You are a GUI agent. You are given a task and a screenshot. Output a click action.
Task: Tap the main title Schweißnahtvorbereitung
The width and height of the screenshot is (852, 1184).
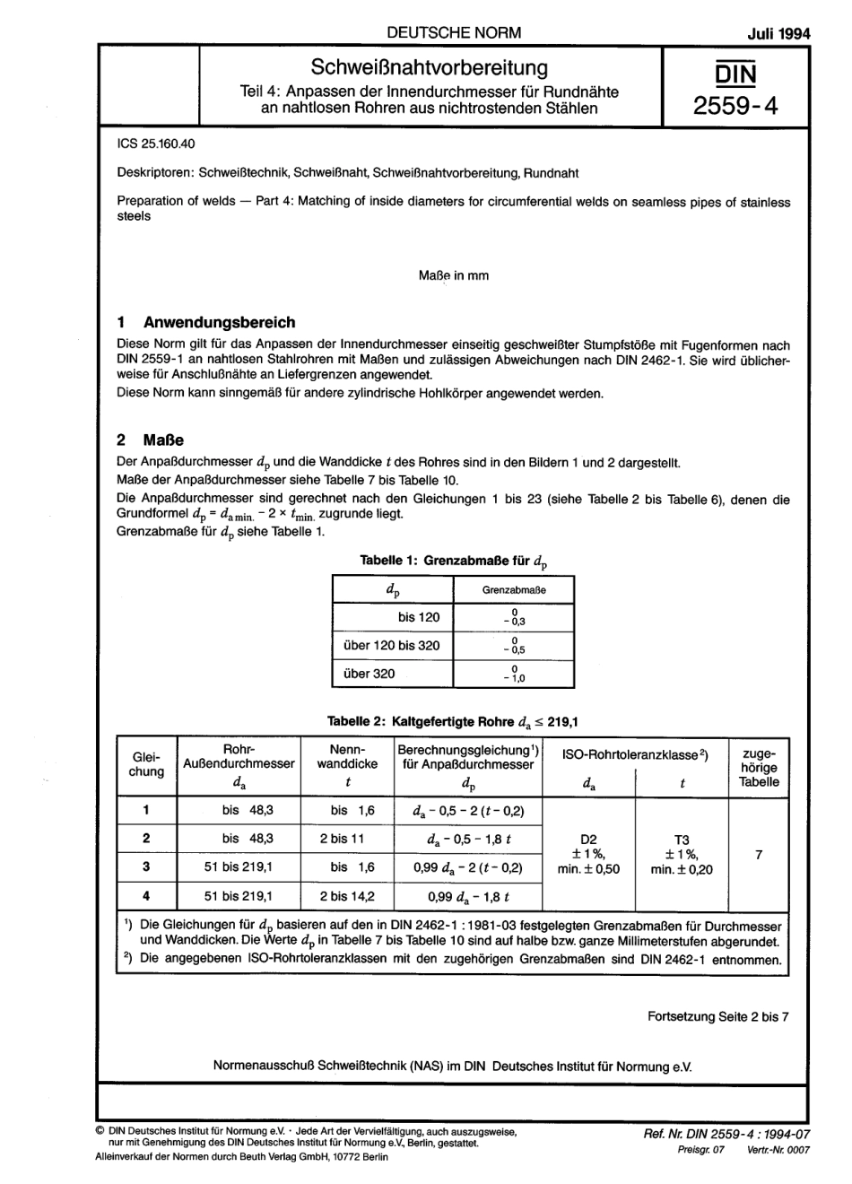click(x=429, y=67)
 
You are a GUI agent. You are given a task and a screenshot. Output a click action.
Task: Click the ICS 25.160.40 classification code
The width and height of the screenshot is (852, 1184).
click(x=156, y=144)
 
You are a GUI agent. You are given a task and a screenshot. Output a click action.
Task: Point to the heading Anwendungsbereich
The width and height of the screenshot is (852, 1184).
click(x=219, y=322)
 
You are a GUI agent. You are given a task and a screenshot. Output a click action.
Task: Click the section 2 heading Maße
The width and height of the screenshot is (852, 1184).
click(x=162, y=440)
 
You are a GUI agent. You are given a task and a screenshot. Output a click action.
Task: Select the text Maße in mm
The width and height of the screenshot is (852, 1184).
click(x=454, y=275)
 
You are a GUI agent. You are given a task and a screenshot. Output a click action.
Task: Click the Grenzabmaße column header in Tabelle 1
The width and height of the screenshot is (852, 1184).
click(x=514, y=590)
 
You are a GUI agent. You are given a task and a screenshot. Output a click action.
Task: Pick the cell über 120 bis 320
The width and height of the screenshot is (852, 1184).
click(x=392, y=645)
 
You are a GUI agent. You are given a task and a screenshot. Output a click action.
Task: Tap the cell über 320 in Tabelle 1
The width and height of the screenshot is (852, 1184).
click(x=369, y=673)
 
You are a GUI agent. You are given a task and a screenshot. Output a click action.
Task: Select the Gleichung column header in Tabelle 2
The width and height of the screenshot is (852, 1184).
click(x=147, y=764)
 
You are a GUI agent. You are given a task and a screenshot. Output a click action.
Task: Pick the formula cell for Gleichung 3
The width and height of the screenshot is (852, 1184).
click(x=467, y=867)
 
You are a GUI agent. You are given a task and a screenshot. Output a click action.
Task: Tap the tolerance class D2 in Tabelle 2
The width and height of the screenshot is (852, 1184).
click(x=588, y=840)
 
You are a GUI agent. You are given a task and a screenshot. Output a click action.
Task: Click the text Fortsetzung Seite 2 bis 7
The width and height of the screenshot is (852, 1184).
click(x=717, y=1017)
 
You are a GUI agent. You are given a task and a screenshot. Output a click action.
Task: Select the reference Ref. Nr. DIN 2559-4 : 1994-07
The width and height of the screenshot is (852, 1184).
click(x=726, y=1135)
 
